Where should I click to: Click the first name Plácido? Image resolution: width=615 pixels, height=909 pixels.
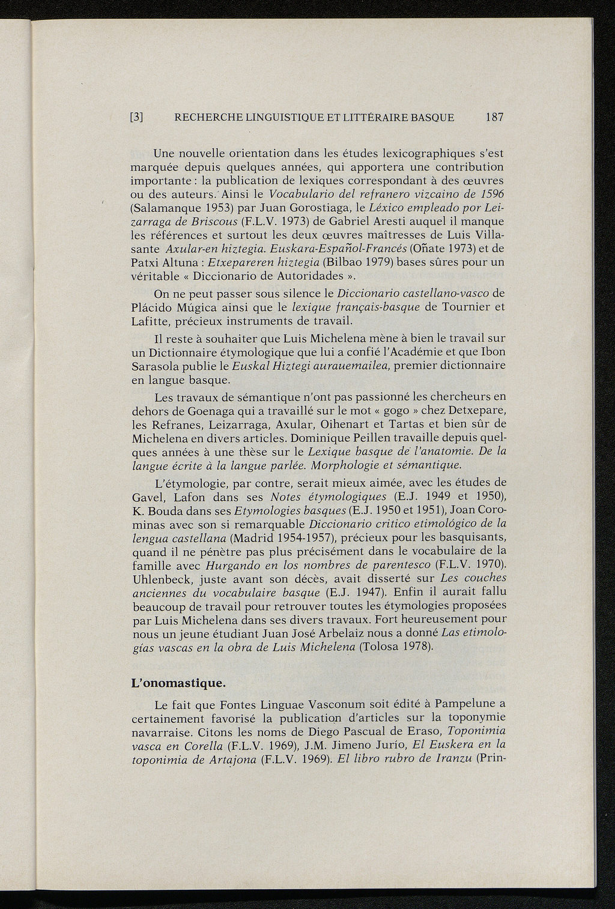153,307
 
